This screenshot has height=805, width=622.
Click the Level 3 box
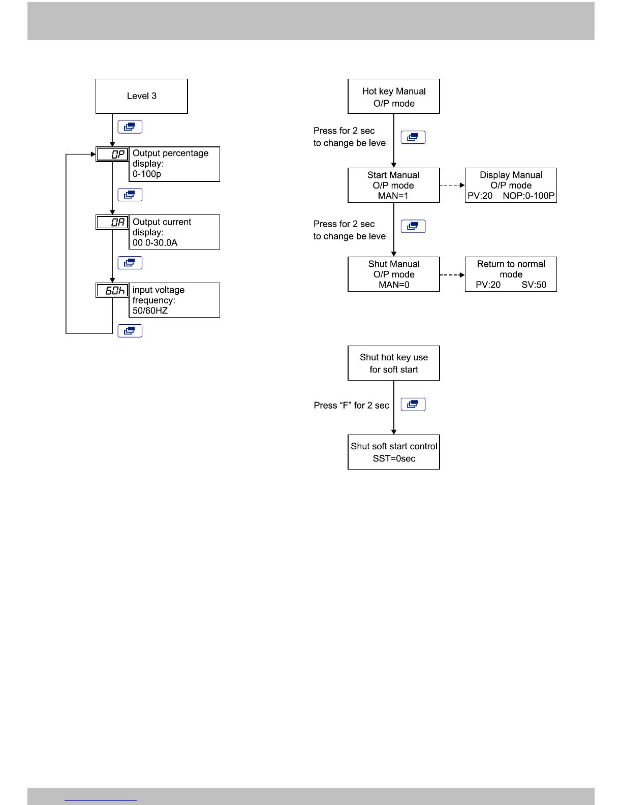coord(141,96)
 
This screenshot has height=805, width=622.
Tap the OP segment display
coord(113,154)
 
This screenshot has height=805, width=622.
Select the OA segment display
coord(113,223)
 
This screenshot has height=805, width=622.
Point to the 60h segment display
coord(113,291)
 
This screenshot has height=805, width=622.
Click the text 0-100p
coord(147,174)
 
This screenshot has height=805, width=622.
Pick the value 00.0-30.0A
coord(155,243)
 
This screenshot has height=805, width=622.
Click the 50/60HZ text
coord(150,311)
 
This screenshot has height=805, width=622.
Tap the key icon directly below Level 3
coord(130,127)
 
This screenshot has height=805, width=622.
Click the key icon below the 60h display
coord(130,331)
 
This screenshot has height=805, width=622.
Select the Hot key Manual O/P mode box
coord(394,97)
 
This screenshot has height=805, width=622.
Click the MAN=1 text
coord(393,196)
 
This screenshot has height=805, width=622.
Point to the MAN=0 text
coord(394,285)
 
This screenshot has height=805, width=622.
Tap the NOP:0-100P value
coord(528,196)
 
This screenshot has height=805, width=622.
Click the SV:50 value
coord(534,285)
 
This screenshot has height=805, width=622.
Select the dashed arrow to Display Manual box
coord(452,185)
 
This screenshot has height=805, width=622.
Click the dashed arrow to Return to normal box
coord(452,275)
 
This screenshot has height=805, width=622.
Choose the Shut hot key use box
coord(394,363)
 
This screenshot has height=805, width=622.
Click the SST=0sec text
coord(394,459)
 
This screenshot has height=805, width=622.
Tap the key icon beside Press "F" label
coord(413,405)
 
